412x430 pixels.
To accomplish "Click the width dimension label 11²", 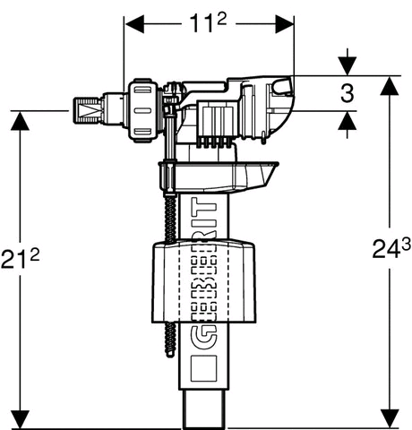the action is tap(209, 23).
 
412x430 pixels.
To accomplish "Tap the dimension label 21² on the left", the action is tap(20, 258).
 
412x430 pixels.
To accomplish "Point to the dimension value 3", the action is tap(348, 93).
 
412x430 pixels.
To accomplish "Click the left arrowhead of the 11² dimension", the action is tap(134, 23).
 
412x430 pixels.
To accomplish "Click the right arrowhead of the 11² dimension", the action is tap(285, 23).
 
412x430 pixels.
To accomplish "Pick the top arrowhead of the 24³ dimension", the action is tap(390, 86).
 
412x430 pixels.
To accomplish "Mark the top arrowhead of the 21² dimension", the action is tap(20, 121).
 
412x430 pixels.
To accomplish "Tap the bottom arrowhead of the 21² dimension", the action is tap(20, 420).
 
